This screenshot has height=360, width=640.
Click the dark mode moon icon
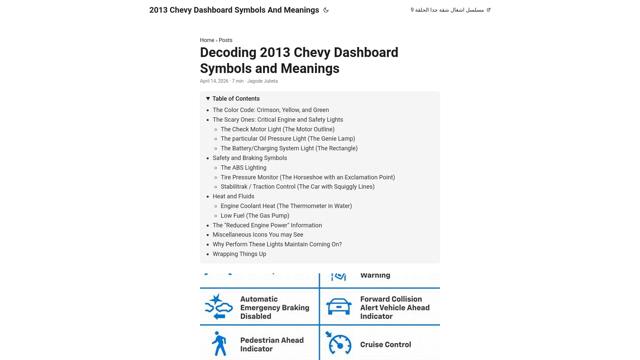(326, 10)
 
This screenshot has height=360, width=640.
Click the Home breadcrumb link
(207, 40)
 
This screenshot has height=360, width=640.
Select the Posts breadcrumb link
(225, 40)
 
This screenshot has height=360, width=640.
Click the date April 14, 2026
(214, 81)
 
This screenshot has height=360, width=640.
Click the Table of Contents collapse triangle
(208, 99)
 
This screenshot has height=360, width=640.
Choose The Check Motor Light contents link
(277, 129)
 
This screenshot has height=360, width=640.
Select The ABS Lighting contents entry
(243, 168)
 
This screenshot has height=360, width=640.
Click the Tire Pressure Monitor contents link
(307, 177)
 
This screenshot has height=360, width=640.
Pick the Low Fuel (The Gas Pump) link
(255, 216)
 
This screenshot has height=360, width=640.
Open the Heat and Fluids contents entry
(233, 196)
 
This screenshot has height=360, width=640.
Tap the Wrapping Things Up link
(239, 254)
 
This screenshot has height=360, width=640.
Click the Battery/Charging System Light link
(289, 148)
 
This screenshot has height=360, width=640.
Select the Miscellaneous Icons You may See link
(258, 235)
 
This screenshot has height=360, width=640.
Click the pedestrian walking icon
(219, 344)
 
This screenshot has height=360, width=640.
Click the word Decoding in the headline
(228, 53)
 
